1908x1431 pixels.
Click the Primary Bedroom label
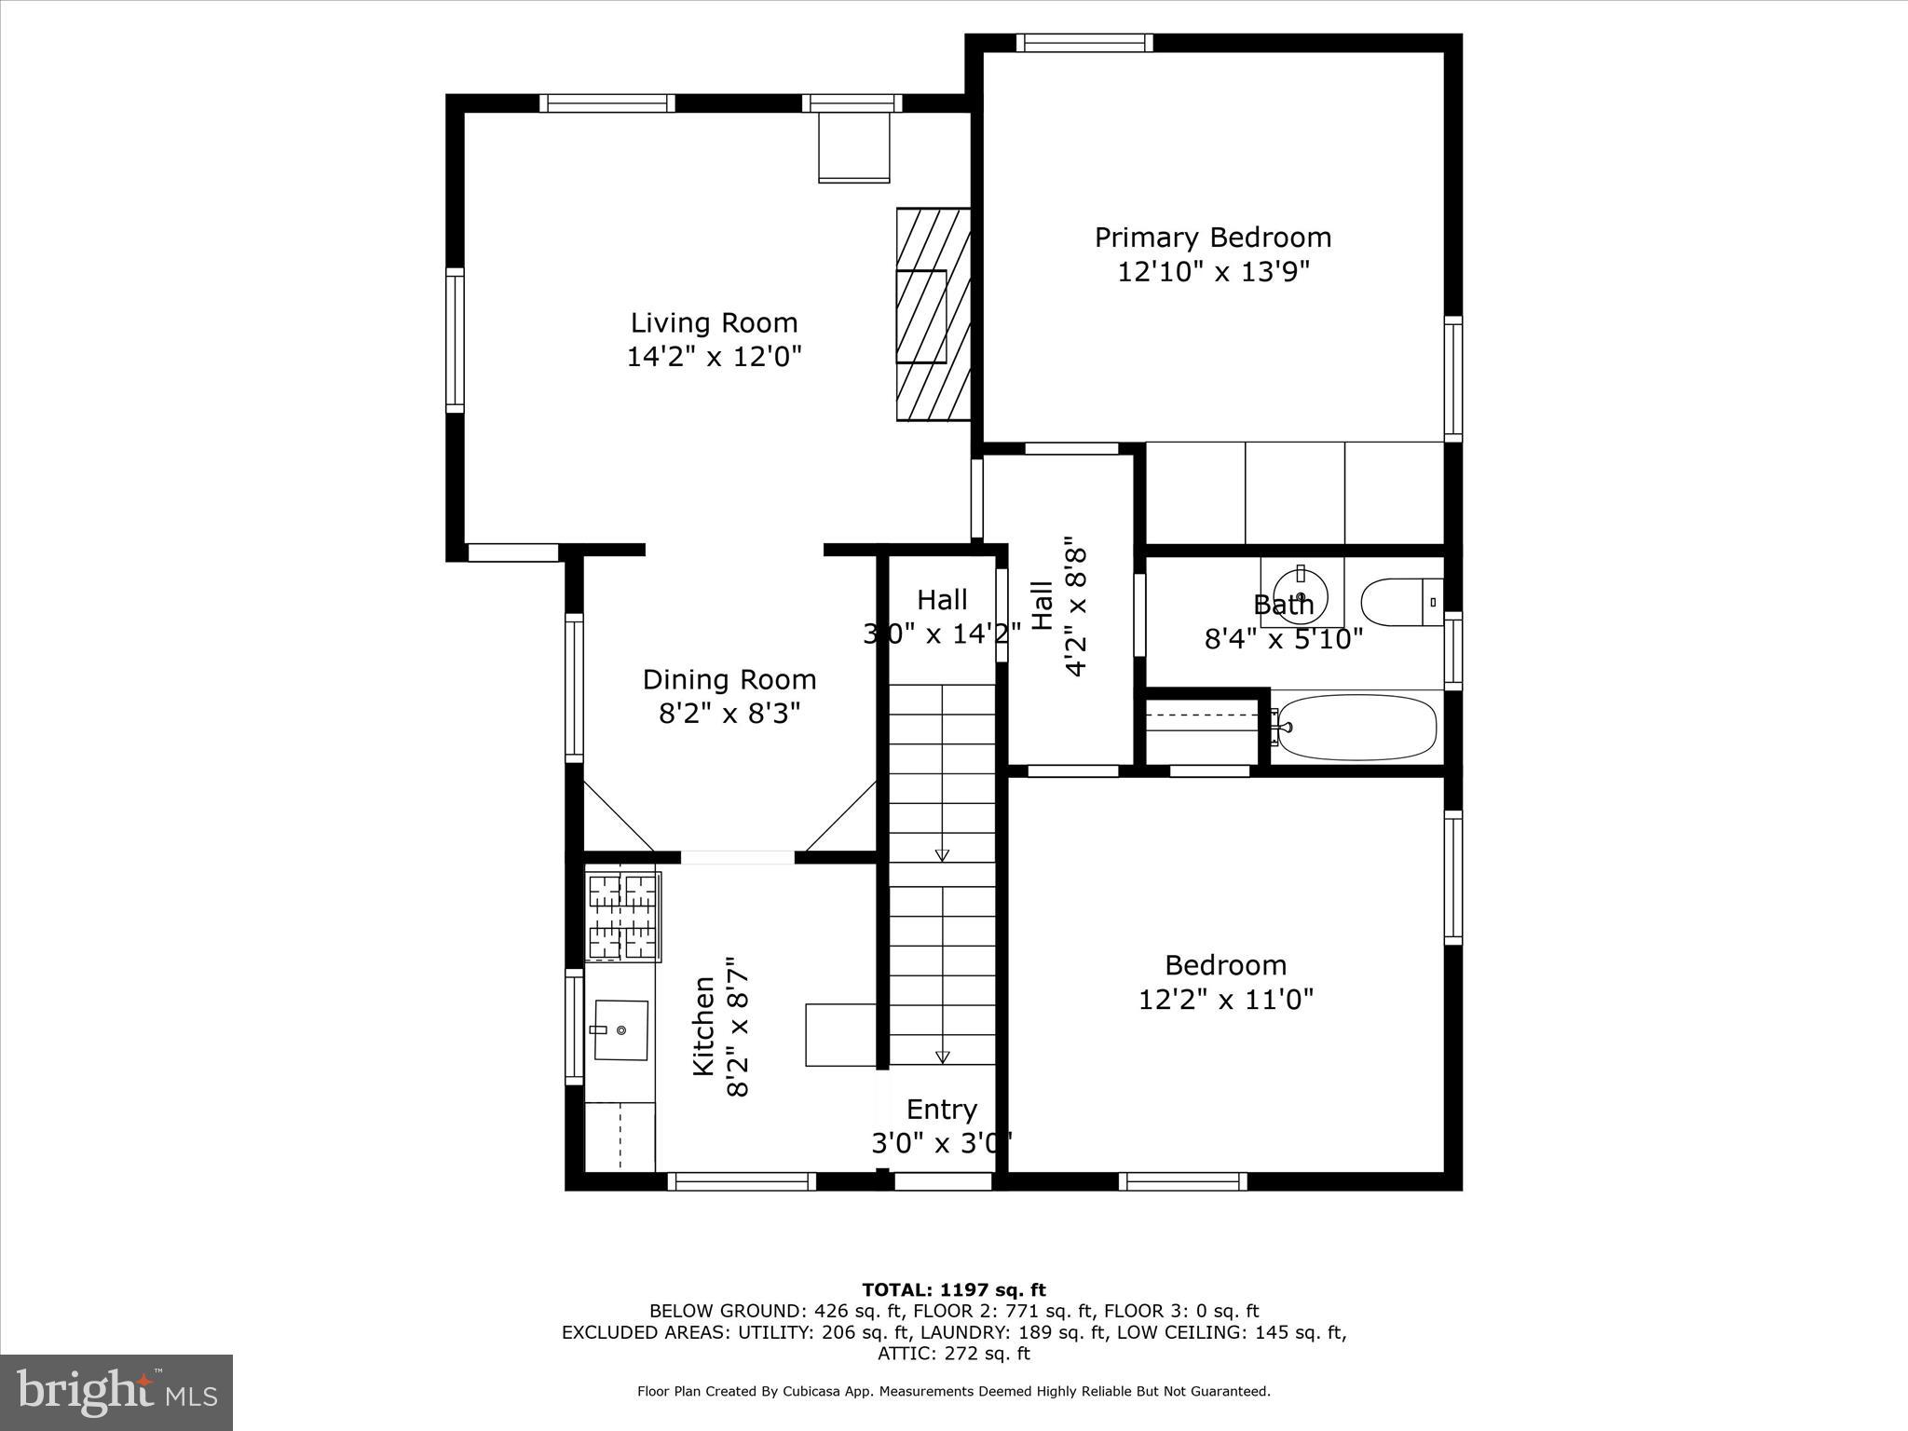click(1212, 238)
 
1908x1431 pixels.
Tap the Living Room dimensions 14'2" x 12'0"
click(714, 357)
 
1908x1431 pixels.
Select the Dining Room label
click(729, 679)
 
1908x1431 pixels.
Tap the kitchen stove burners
click(622, 917)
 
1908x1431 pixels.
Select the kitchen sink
click(620, 1030)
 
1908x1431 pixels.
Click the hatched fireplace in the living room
click(933, 314)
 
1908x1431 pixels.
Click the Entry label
click(941, 1109)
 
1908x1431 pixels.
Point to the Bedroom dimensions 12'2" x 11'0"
click(1226, 1000)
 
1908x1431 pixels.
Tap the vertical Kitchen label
click(704, 1026)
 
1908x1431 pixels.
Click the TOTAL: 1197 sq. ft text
click(954, 1290)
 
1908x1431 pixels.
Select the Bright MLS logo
click(116, 1392)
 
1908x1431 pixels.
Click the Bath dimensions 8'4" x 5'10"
click(1284, 639)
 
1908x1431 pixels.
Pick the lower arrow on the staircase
click(942, 1056)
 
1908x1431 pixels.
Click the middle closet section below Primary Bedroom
click(1294, 493)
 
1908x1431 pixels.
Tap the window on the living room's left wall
click(455, 340)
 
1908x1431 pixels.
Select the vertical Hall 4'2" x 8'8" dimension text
click(1075, 606)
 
